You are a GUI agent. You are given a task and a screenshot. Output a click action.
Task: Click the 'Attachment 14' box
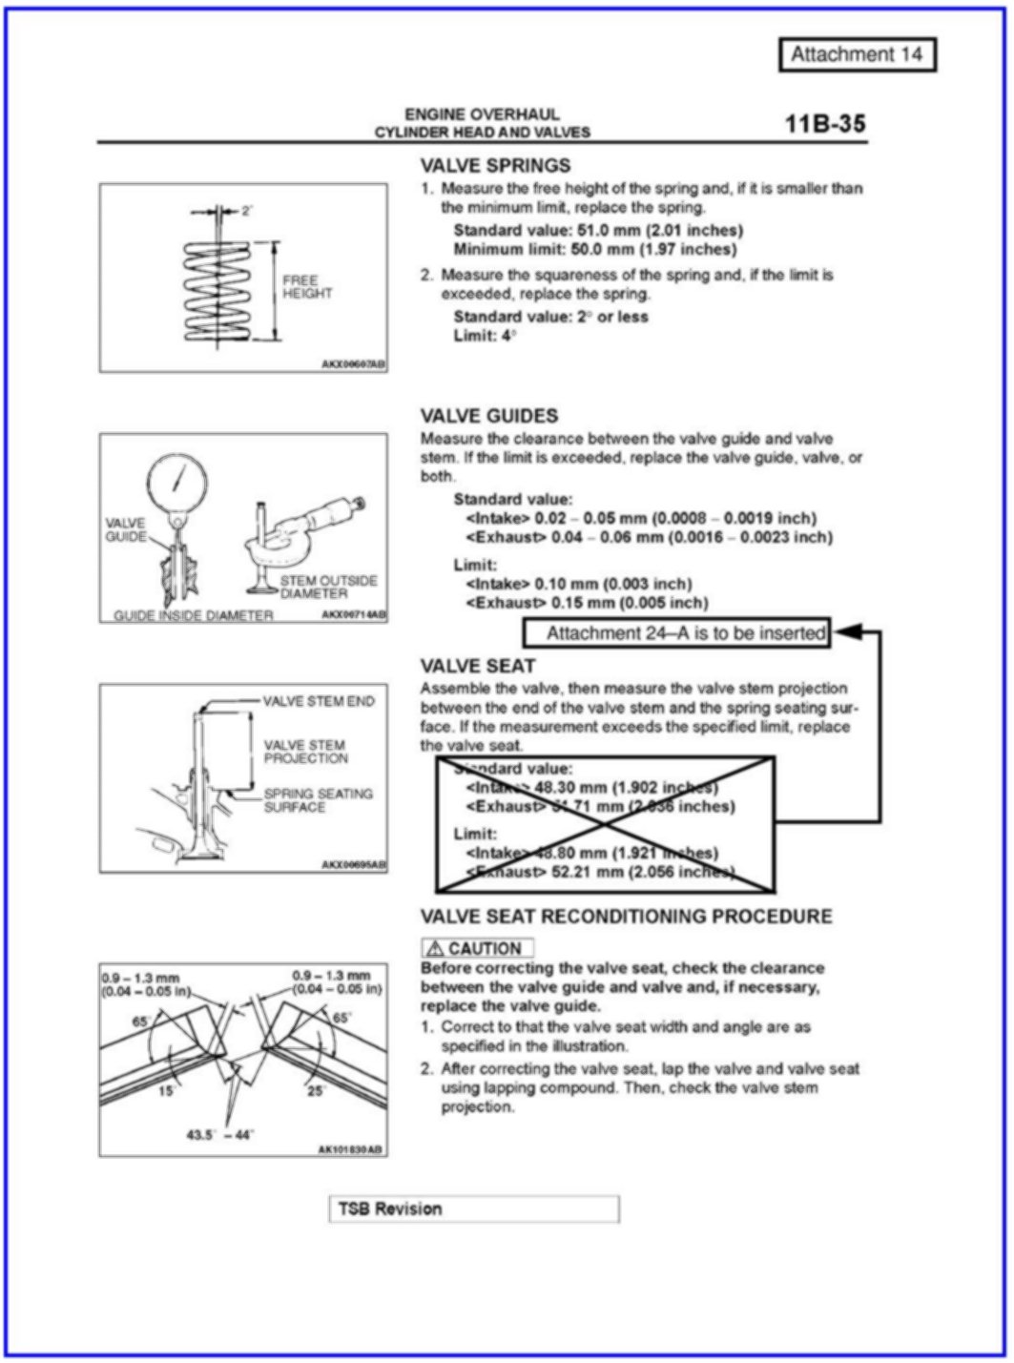pos(857,54)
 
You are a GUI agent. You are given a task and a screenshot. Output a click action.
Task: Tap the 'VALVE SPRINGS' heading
pos(495,165)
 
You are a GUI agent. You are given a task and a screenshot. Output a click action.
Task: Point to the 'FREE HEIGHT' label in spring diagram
pos(306,287)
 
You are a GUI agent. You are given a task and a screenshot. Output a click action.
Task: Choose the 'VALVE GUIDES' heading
pos(488,416)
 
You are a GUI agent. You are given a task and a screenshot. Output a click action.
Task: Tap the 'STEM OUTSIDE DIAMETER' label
pos(327,587)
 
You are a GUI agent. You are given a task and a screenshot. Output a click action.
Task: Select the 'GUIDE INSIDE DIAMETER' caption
pos(193,615)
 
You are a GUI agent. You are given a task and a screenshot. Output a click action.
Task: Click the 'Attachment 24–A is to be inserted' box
pos(677,632)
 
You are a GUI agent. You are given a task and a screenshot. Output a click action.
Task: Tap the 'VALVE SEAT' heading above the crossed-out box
pos(477,666)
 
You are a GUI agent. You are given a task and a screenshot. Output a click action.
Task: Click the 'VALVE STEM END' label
pos(319,701)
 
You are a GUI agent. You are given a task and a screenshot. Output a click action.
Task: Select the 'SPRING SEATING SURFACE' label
pos(318,800)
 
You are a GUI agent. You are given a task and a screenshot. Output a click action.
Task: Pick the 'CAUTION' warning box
pos(476,948)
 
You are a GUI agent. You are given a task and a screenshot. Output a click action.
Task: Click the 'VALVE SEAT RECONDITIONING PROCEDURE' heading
pos(626,917)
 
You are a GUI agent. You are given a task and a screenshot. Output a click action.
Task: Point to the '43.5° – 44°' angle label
pos(219,1134)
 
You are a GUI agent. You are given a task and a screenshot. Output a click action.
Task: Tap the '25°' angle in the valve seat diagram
pos(315,1090)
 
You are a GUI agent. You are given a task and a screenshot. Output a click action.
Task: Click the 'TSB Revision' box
pos(473,1208)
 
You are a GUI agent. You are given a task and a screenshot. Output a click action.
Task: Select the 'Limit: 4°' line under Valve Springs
pos(485,336)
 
